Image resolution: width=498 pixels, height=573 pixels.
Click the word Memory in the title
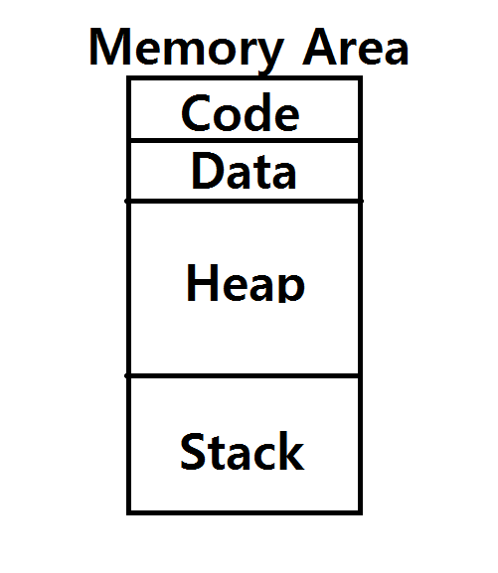(186, 52)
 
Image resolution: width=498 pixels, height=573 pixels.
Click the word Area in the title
(355, 47)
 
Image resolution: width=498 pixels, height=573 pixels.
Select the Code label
(241, 112)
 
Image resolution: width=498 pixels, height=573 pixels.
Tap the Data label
(244, 171)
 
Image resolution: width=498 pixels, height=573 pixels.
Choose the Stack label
(243, 451)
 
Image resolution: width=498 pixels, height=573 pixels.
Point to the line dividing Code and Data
(245, 141)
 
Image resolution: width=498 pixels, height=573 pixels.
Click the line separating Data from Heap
(245, 201)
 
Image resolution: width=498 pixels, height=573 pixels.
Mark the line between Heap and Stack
(244, 375)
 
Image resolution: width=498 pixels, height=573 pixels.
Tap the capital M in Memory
(110, 47)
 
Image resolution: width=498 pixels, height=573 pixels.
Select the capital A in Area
(321, 47)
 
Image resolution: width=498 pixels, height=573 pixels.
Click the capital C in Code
(196, 112)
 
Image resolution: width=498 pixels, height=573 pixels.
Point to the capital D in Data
(207, 171)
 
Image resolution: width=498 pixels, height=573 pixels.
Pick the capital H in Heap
(203, 282)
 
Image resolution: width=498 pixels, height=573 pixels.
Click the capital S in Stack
(194, 451)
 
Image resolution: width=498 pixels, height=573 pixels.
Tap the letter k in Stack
(291, 451)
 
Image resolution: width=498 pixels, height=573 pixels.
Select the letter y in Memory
(268, 56)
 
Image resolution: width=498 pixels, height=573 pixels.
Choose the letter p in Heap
(291, 288)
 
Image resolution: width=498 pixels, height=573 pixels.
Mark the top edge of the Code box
(245, 78)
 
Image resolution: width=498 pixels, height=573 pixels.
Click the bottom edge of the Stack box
(245, 512)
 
